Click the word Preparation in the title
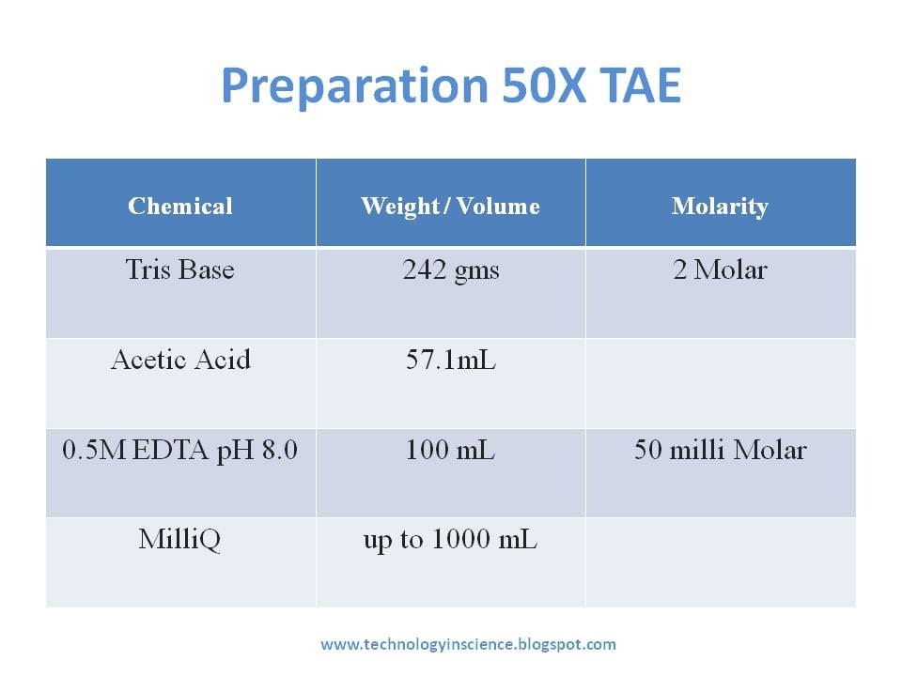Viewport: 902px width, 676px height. pyautogui.click(x=355, y=86)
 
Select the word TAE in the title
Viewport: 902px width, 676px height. pyautogui.click(x=640, y=85)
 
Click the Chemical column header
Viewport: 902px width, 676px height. pyautogui.click(x=180, y=206)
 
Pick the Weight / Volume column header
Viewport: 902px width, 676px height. pyautogui.click(x=450, y=207)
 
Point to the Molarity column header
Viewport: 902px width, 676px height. pyautogui.click(x=720, y=207)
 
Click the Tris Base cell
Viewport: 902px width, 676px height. pyautogui.click(x=180, y=269)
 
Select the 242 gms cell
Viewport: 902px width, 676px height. pyautogui.click(x=450, y=270)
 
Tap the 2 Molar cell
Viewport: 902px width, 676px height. pyautogui.click(x=720, y=269)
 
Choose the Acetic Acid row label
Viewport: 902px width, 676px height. pyautogui.click(x=180, y=360)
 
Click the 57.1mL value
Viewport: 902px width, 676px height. pyautogui.click(x=450, y=360)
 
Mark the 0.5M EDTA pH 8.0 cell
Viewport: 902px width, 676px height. pyautogui.click(x=180, y=450)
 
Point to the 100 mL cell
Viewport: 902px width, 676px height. pyautogui.click(x=450, y=449)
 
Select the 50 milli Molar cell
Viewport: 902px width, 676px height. pyautogui.click(x=721, y=449)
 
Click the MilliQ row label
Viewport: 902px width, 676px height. pyautogui.click(x=179, y=540)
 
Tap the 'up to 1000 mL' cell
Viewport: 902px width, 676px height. pyautogui.click(x=450, y=540)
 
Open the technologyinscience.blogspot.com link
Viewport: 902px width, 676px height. pyautogui.click(x=468, y=644)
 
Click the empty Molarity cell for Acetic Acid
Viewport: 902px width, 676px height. pyautogui.click(x=721, y=383)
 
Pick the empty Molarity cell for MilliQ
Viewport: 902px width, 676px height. pyautogui.click(x=721, y=562)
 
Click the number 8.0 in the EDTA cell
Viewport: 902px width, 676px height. pyautogui.click(x=280, y=450)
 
